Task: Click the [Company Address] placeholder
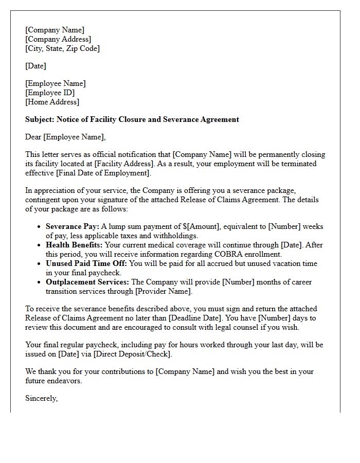58,39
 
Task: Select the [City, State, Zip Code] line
62,48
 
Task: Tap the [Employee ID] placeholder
50,93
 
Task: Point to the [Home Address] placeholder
52,102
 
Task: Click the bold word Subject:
39,119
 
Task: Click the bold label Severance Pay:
72,226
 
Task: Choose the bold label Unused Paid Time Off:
86,263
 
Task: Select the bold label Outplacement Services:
87,282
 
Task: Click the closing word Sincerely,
42,398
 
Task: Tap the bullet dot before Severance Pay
40,227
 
